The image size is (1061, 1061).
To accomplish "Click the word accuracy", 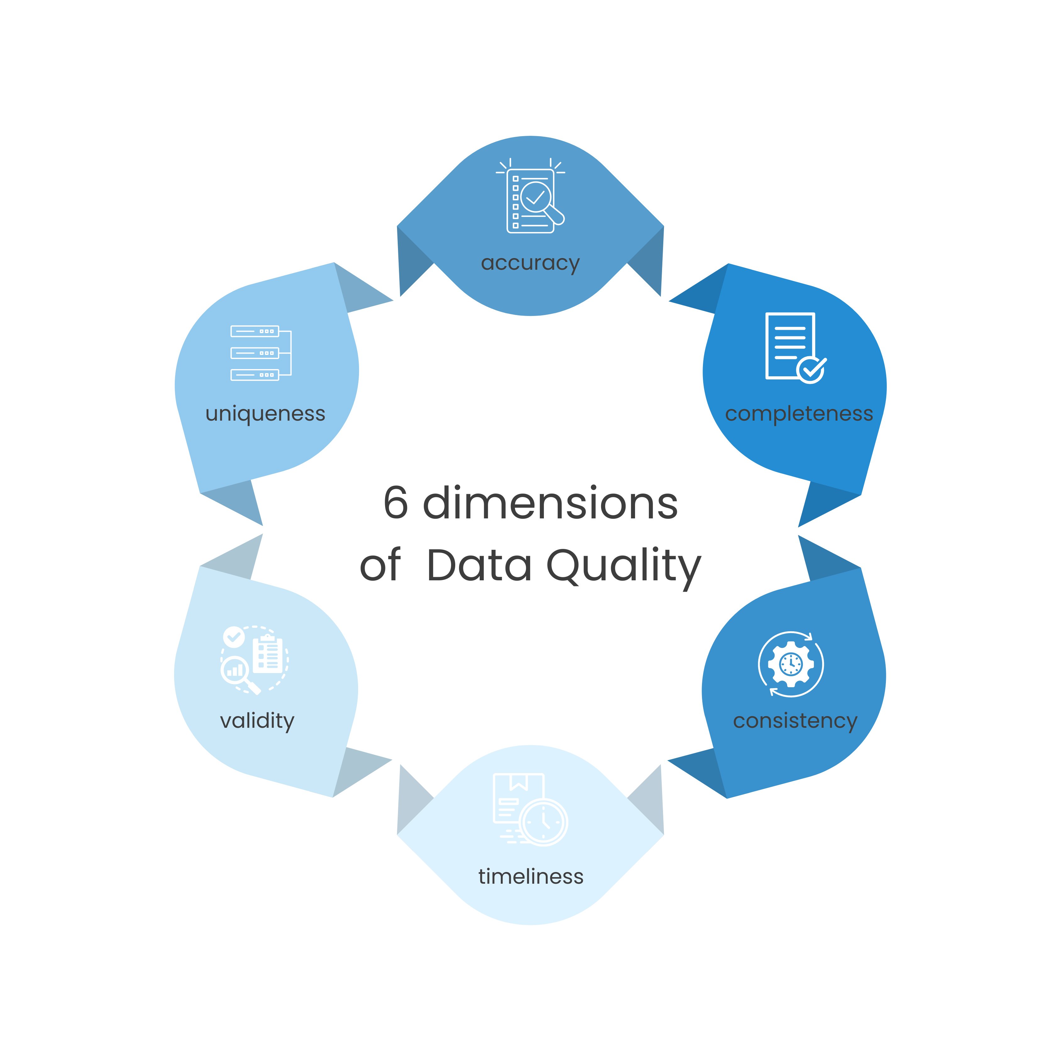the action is tap(530, 264).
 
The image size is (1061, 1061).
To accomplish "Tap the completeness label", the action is tap(799, 413).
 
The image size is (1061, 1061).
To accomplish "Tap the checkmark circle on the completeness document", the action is tap(811, 370).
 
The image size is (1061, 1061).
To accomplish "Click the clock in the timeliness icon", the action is tap(544, 822).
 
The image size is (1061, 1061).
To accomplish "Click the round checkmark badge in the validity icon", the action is tap(234, 637).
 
